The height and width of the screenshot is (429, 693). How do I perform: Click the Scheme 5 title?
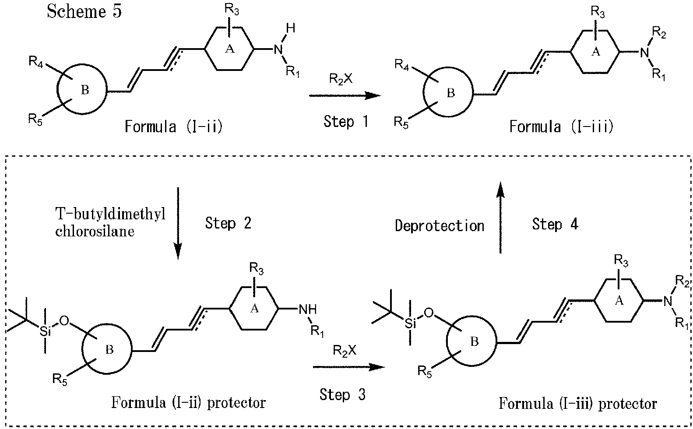tap(84, 11)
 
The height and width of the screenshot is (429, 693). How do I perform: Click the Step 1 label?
tap(346, 121)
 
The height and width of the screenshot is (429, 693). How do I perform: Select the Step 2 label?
tap(228, 223)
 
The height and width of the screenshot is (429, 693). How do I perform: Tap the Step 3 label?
tap(342, 394)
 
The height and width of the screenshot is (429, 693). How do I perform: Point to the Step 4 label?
tap(555, 224)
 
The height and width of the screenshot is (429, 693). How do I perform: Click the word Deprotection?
tap(439, 225)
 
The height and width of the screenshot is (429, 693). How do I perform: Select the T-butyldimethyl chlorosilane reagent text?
tap(110, 223)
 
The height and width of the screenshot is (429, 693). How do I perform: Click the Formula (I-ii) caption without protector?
tap(173, 127)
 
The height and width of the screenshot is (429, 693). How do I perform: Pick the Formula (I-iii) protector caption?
tap(577, 403)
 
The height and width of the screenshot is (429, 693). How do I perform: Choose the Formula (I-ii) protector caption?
tap(188, 401)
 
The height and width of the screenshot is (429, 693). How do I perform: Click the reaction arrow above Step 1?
tap(345, 95)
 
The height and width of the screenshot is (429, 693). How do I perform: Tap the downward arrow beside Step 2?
tap(178, 223)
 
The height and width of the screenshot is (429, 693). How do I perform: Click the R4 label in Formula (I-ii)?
tap(37, 62)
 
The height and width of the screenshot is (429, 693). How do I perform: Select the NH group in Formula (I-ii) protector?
tap(307, 309)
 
